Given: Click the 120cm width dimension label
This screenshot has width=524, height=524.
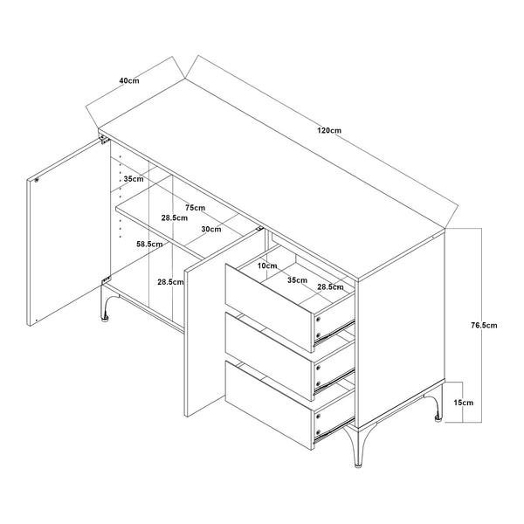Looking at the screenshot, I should [329, 130].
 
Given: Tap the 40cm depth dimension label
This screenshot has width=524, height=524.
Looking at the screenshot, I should [129, 79].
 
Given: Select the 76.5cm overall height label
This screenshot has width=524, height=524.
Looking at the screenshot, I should [483, 325].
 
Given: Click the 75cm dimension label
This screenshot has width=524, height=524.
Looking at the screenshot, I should [196, 208].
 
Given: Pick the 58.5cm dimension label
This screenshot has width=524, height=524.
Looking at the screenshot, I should [149, 245].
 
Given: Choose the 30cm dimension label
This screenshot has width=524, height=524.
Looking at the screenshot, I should [210, 229].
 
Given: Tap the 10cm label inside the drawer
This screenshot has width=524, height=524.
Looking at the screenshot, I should [266, 265].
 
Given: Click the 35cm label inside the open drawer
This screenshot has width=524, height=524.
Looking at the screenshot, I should [297, 281].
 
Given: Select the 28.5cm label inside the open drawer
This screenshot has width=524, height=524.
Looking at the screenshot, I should [329, 286].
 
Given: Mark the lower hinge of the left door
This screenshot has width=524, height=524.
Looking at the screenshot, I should [106, 281].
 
